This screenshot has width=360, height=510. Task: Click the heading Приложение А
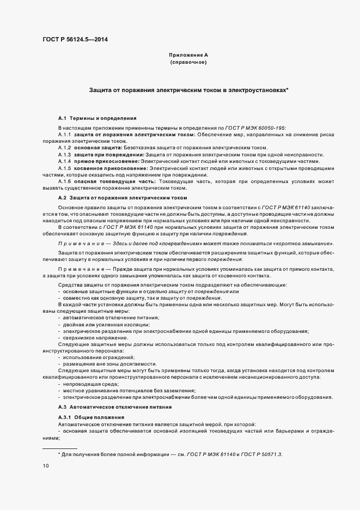(x=188, y=56)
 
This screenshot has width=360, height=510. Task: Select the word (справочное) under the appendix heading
(x=188, y=63)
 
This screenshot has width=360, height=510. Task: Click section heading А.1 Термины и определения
(x=97, y=118)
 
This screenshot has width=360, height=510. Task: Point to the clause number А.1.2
(x=65, y=148)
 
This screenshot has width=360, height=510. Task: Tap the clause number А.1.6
(x=65, y=181)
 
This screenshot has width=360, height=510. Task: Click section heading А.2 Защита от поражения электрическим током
(x=122, y=197)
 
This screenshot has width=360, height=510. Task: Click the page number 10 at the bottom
(x=45, y=466)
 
